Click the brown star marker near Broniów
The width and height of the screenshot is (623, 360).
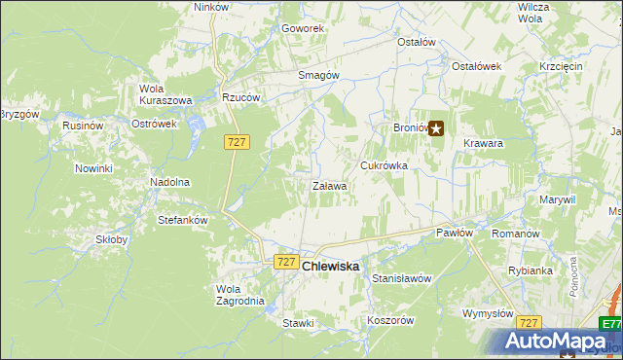tap(436, 127)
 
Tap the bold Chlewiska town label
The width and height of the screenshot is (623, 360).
tap(331, 266)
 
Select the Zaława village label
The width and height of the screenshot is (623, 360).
tap(330, 186)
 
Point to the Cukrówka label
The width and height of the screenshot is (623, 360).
tap(384, 165)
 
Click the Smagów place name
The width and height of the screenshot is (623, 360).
tap(317, 75)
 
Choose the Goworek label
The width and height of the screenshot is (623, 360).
tap(303, 28)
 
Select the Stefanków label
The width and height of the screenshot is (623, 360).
tap(183, 220)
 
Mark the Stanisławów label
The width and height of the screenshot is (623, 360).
tap(401, 278)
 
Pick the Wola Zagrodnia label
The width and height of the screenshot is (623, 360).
tap(239, 295)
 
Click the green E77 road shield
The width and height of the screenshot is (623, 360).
tap(610, 324)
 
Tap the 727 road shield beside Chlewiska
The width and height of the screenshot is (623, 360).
tap(285, 262)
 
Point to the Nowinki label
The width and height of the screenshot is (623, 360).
tap(93, 168)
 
